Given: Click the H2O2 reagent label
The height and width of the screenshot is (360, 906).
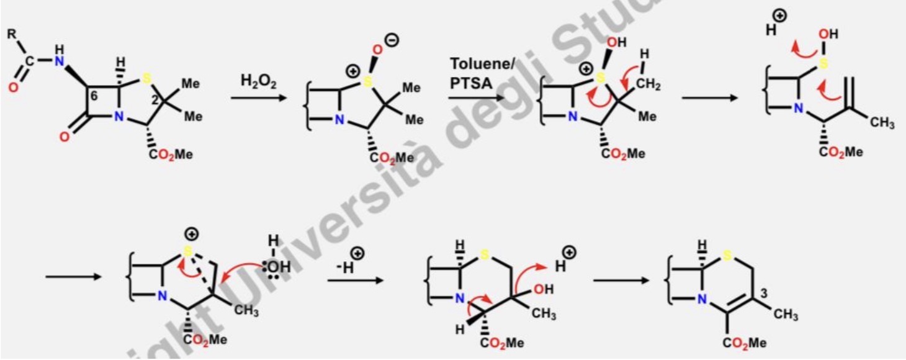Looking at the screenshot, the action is pos(255,81).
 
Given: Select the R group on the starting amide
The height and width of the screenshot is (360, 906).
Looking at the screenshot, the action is pos(12,35).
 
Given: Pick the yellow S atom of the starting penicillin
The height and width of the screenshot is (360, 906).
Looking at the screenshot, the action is pos(146,79).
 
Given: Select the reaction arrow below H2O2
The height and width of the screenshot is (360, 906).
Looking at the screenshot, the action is pos(256,98).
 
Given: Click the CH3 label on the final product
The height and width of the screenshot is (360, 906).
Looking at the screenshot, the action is pos(786,315).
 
